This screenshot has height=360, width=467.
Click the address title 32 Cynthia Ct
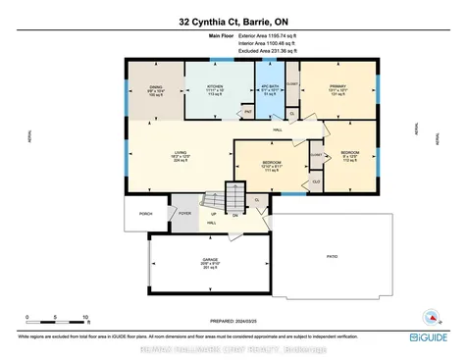coord(233,21)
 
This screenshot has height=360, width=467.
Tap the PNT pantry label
coord(248,112)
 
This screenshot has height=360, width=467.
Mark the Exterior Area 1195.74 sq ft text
coord(280,34)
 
